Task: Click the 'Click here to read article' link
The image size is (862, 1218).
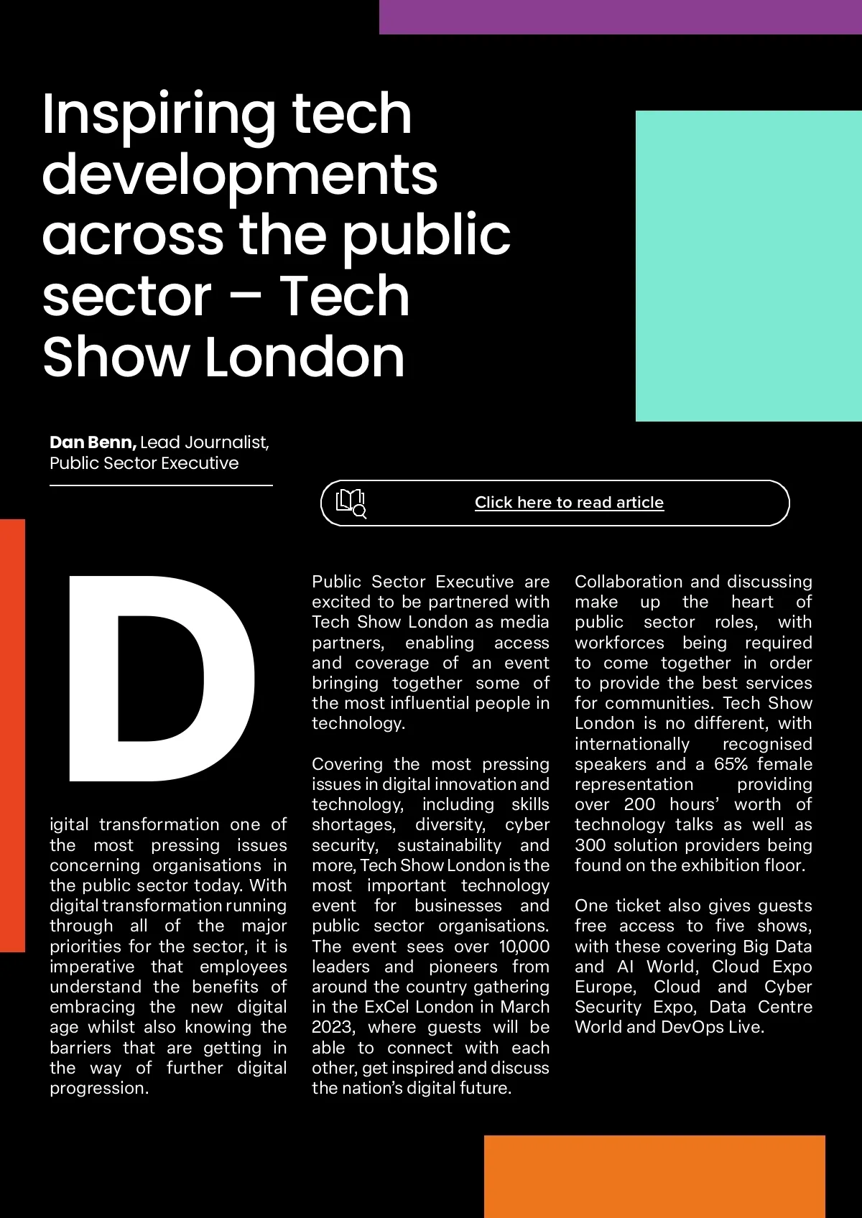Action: tap(569, 503)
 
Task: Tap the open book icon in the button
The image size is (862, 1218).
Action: tap(351, 503)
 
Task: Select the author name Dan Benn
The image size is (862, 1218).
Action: tap(93, 442)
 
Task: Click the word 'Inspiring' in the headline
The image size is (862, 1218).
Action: tap(158, 115)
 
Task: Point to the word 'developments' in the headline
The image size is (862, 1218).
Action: tap(239, 175)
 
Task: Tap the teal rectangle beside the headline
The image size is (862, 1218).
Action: tap(748, 266)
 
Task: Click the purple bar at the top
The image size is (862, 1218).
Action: tap(620, 17)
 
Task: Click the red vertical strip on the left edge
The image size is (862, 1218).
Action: tap(12, 735)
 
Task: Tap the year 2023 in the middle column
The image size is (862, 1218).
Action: tap(332, 1028)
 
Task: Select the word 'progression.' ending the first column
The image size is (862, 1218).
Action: tap(99, 1088)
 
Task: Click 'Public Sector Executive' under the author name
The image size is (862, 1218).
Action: tap(144, 463)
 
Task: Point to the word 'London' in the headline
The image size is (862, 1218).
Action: tap(305, 358)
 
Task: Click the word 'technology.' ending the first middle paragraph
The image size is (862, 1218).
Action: tap(358, 723)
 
